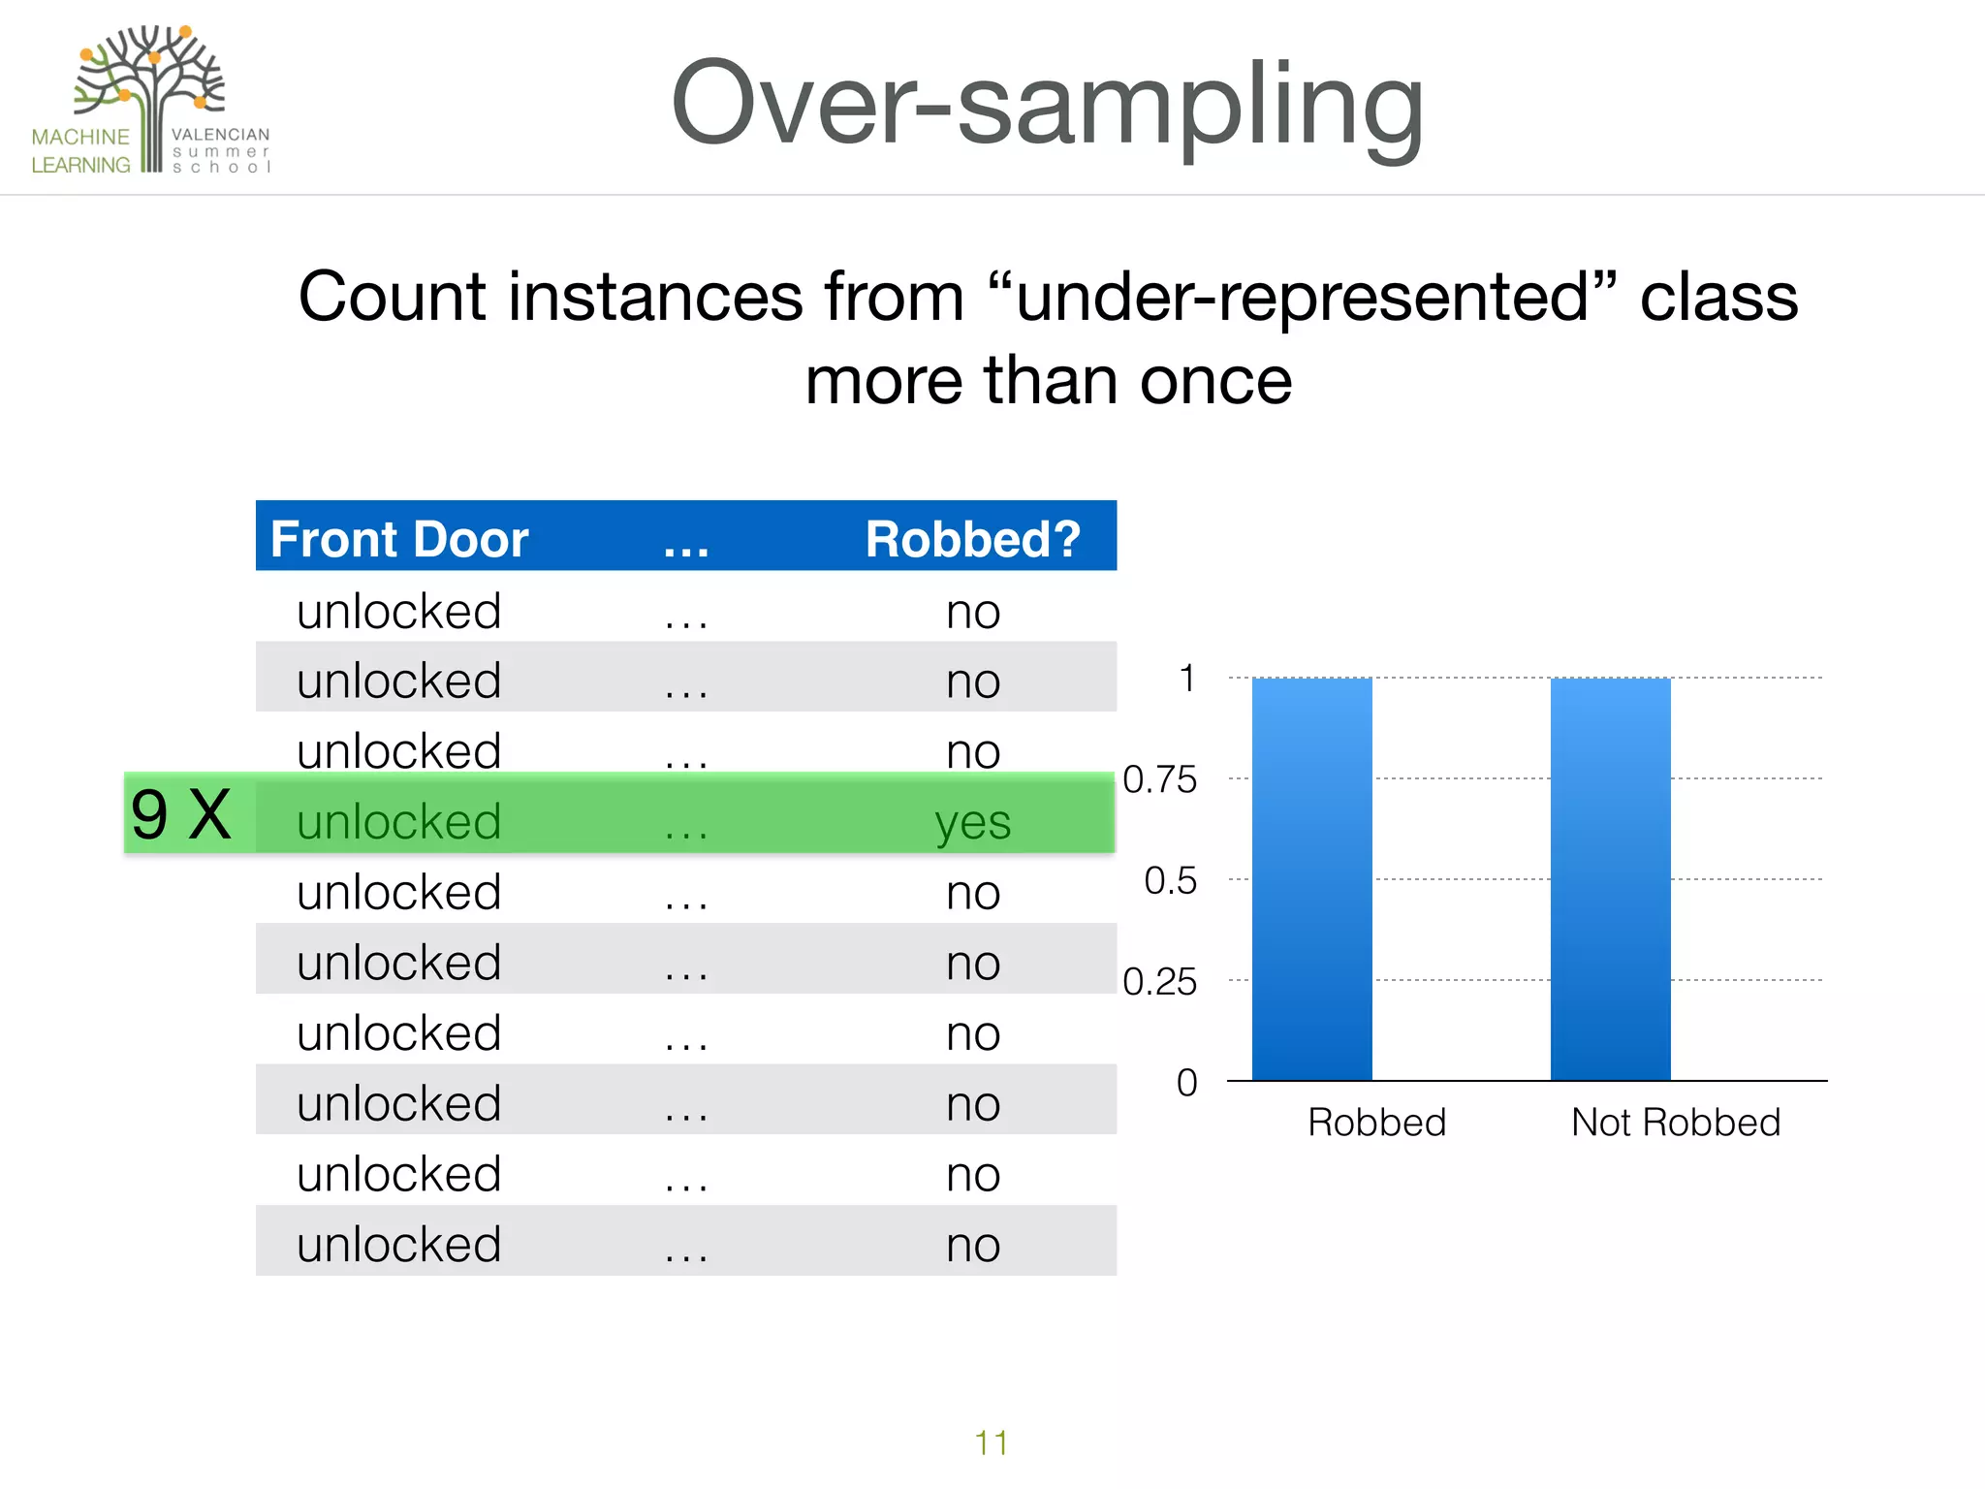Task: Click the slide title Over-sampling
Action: [1047, 105]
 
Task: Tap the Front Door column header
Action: [399, 539]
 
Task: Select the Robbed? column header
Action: [972, 539]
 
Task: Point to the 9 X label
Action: [181, 814]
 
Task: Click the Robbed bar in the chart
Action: [1311, 878]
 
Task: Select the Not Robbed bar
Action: [1610, 878]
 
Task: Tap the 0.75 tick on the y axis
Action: [1159, 779]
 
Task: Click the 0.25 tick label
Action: [1159, 982]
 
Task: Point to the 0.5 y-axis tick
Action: [1170, 880]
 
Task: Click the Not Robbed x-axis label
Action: [1676, 1122]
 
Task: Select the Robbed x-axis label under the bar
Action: [1376, 1122]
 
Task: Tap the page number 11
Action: [991, 1442]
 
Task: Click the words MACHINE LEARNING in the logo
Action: [80, 151]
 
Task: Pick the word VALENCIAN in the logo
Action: [220, 135]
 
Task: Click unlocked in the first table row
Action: [399, 612]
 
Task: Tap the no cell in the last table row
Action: [972, 1246]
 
